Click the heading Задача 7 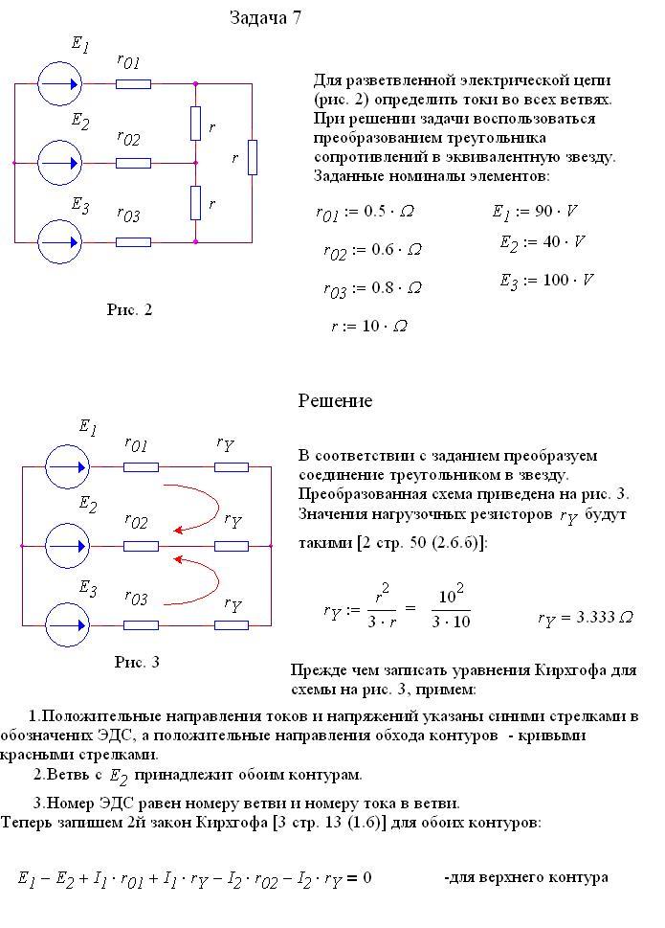click(265, 18)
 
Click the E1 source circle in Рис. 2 click(59, 84)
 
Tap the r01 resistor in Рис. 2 click(133, 84)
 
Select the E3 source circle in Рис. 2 click(59, 242)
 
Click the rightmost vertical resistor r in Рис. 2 click(253, 157)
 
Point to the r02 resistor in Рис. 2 click(133, 163)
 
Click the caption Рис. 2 click(129, 309)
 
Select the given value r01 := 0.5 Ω click(365, 212)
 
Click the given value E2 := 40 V click(543, 242)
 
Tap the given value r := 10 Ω click(369, 327)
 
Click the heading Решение click(335, 400)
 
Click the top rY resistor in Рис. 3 click(232, 467)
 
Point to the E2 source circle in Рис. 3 click(67, 546)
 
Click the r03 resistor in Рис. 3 click(141, 625)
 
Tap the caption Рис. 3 click(137, 662)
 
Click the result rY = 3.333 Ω click(586, 618)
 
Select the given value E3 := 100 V click(546, 281)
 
